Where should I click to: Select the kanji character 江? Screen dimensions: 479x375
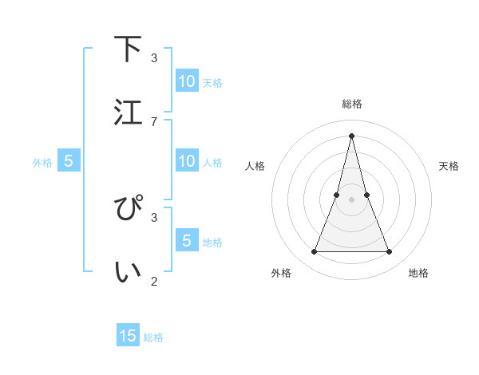[x=129, y=112]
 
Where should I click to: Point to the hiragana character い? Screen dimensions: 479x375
[x=129, y=271]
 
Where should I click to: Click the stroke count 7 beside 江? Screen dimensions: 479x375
[x=154, y=121]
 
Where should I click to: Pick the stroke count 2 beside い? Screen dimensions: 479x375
[x=154, y=281]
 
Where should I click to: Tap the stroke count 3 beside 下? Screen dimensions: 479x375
[x=154, y=58]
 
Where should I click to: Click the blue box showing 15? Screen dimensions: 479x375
[x=128, y=336]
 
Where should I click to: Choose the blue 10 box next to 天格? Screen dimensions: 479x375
[x=187, y=81]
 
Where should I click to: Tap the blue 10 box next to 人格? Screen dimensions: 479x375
[x=187, y=161]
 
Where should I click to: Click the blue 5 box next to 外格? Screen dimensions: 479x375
[x=69, y=161]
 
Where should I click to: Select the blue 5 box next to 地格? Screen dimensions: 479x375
[x=187, y=240]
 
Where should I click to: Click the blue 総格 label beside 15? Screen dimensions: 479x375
[x=153, y=337]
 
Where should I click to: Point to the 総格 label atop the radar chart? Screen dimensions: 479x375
[x=351, y=104]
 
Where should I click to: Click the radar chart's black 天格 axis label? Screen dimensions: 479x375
[x=449, y=166]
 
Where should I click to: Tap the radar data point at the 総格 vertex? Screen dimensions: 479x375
[x=351, y=135]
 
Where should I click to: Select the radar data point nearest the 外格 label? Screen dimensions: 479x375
[x=314, y=252]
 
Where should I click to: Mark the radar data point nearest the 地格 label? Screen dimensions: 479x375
[x=390, y=252]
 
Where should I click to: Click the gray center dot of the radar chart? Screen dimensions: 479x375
[x=351, y=199]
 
